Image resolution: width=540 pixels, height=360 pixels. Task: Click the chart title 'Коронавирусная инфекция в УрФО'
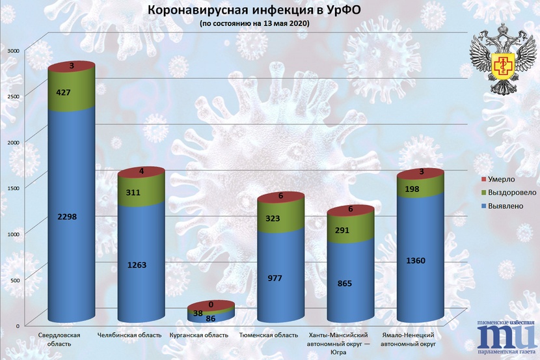[254, 11]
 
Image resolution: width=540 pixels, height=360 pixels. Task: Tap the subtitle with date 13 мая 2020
[254, 23]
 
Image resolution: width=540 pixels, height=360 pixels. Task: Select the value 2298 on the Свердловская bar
[67, 217]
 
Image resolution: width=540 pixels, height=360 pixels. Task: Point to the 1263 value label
[137, 265]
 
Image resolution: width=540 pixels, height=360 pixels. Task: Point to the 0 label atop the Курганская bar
[211, 304]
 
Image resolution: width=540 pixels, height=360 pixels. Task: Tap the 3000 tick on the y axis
[13, 50]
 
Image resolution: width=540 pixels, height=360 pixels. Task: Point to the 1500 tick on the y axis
[13, 187]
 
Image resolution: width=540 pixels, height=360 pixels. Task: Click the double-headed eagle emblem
[500, 55]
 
